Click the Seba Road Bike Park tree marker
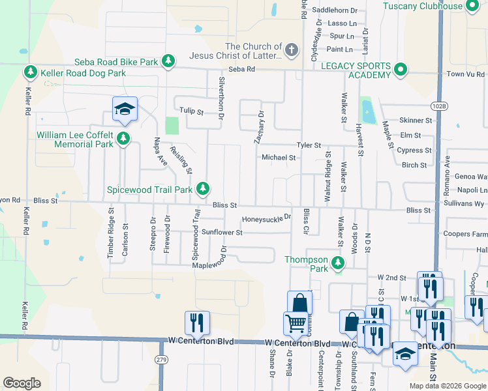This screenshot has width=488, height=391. click(168, 62)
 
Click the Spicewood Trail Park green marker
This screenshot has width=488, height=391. click(204, 189)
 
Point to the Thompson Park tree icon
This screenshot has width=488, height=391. click(338, 263)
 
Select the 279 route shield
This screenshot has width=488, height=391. click(161, 360)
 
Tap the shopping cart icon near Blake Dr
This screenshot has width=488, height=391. click(296, 323)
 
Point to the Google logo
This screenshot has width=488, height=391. click(22, 383)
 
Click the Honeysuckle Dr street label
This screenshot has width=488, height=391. click(266, 220)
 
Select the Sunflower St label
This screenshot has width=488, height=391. click(222, 232)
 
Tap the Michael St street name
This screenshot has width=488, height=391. click(279, 158)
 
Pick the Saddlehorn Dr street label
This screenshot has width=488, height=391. click(335, 10)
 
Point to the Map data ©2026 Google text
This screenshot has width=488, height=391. click(447, 386)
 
